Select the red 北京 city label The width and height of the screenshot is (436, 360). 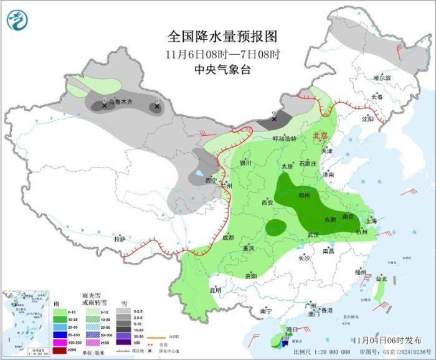(320, 135)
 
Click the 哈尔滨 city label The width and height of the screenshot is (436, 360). (382, 78)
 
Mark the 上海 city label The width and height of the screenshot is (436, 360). (371, 220)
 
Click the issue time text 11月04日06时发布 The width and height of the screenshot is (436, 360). (386, 340)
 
